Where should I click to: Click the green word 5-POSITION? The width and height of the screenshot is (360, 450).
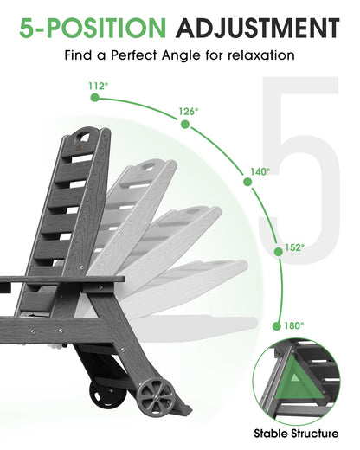93,28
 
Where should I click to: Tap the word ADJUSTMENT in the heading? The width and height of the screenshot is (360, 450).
258,28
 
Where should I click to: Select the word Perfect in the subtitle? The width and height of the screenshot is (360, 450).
133,55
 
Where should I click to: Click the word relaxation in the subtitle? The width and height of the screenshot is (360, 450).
261,55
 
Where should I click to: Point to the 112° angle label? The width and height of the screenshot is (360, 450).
99,86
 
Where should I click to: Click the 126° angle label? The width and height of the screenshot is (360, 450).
189,112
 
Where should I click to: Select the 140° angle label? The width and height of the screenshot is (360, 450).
260,172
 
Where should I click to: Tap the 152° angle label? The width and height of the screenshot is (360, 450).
295,247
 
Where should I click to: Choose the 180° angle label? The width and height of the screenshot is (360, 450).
294,326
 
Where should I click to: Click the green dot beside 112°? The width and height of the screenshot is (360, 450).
94,98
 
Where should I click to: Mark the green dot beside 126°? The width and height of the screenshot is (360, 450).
185,125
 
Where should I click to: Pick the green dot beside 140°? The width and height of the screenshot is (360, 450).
247,182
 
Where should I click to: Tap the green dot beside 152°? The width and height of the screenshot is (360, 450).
279,252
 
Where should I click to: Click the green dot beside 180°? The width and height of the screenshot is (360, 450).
276,326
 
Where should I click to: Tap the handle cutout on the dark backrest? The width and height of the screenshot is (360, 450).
84,137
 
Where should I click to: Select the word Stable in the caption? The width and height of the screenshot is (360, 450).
271,434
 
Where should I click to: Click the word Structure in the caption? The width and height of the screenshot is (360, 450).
315,434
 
